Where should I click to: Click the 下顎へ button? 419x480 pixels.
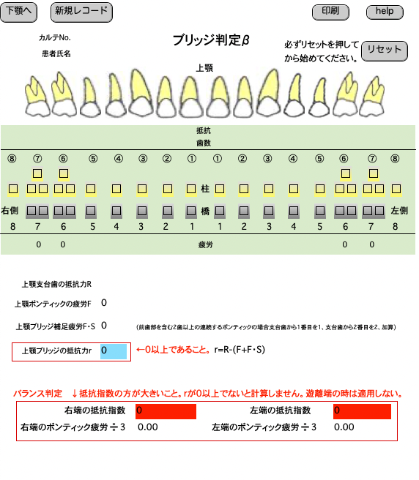19,12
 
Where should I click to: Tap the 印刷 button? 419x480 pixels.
330,12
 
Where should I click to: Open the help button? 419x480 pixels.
385,12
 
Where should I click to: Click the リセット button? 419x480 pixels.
385,50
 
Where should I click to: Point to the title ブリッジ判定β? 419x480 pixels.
211,40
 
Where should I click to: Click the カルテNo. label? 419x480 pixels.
55,37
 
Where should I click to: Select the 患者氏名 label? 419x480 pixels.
56,54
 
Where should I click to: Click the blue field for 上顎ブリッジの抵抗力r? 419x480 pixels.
114,351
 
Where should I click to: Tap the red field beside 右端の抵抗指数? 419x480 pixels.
166,411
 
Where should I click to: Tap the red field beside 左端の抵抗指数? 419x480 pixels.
363,411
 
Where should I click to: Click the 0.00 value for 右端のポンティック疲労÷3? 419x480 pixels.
148,427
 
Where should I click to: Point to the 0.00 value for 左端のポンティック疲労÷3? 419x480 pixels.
344,427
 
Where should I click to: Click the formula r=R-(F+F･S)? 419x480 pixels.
240,350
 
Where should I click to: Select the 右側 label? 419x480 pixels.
10,211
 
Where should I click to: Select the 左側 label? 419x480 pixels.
399,211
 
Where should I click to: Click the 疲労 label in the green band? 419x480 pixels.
205,244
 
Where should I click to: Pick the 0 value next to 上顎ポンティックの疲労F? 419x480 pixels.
104,303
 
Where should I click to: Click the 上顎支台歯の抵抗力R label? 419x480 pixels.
56,285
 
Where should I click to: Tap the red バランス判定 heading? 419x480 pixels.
37,394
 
